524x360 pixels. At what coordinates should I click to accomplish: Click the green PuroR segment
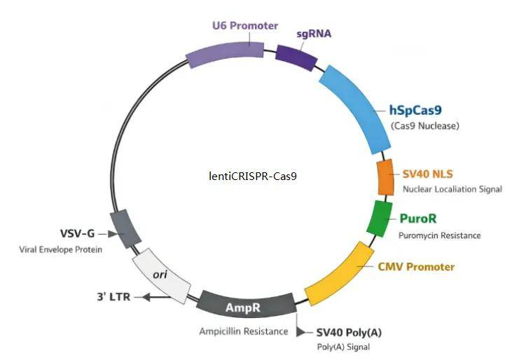(x=379, y=218)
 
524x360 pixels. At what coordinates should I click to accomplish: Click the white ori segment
(x=162, y=275)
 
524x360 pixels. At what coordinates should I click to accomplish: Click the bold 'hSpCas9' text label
(x=415, y=110)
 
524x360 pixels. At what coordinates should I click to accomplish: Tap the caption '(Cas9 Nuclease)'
(x=425, y=126)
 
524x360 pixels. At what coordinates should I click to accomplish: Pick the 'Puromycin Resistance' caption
(x=439, y=235)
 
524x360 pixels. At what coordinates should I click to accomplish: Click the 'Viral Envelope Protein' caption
(x=61, y=249)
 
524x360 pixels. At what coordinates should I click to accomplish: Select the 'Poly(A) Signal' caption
(x=343, y=347)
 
